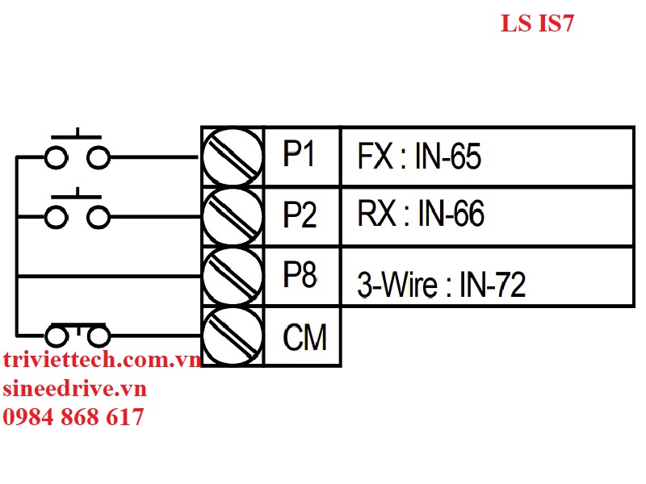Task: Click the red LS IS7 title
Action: tap(536, 24)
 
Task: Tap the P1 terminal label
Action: tap(299, 156)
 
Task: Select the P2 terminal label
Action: tap(299, 215)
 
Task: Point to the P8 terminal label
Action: tap(299, 275)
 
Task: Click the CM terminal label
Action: tap(304, 336)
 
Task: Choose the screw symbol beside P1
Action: tap(233, 156)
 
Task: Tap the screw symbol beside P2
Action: tap(233, 216)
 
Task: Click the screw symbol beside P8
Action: tap(233, 276)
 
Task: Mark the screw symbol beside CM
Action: tap(233, 336)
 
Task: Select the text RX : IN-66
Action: tap(421, 215)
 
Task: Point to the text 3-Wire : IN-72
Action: tap(441, 284)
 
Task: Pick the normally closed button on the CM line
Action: tap(77, 334)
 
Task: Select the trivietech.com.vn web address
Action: tap(102, 361)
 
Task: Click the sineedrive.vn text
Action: tap(74, 389)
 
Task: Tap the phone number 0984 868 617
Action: tap(73, 417)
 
